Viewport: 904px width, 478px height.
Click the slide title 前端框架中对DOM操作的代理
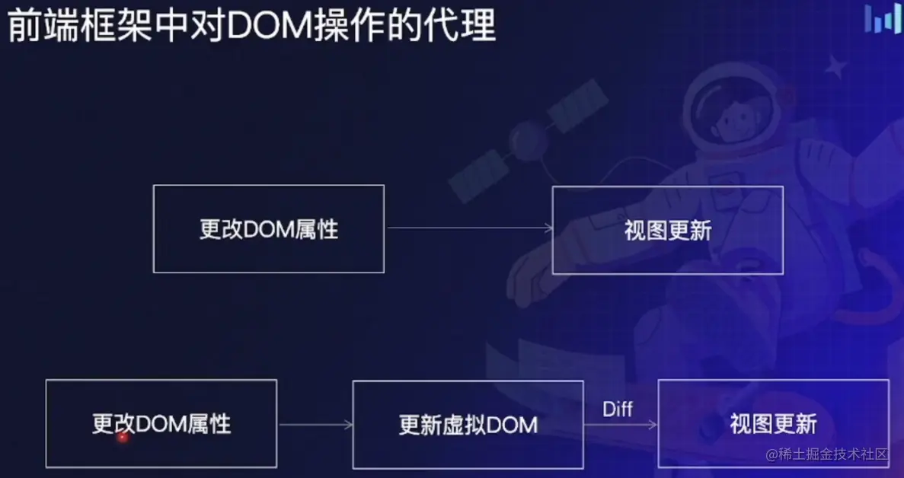tap(251, 26)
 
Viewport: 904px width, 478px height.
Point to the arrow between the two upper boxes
tap(469, 228)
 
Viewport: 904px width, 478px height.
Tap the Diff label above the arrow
tap(618, 409)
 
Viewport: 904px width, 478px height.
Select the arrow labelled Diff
tap(621, 425)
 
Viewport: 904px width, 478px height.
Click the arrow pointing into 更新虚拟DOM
tap(315, 425)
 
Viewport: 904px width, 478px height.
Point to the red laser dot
tap(122, 438)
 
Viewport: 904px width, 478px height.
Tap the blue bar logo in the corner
tap(882, 19)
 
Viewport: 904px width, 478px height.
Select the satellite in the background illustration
tap(528, 141)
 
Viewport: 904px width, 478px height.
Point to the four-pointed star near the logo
tap(835, 66)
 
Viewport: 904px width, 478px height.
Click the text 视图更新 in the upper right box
tap(668, 231)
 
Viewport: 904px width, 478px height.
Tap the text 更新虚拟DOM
tap(468, 425)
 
